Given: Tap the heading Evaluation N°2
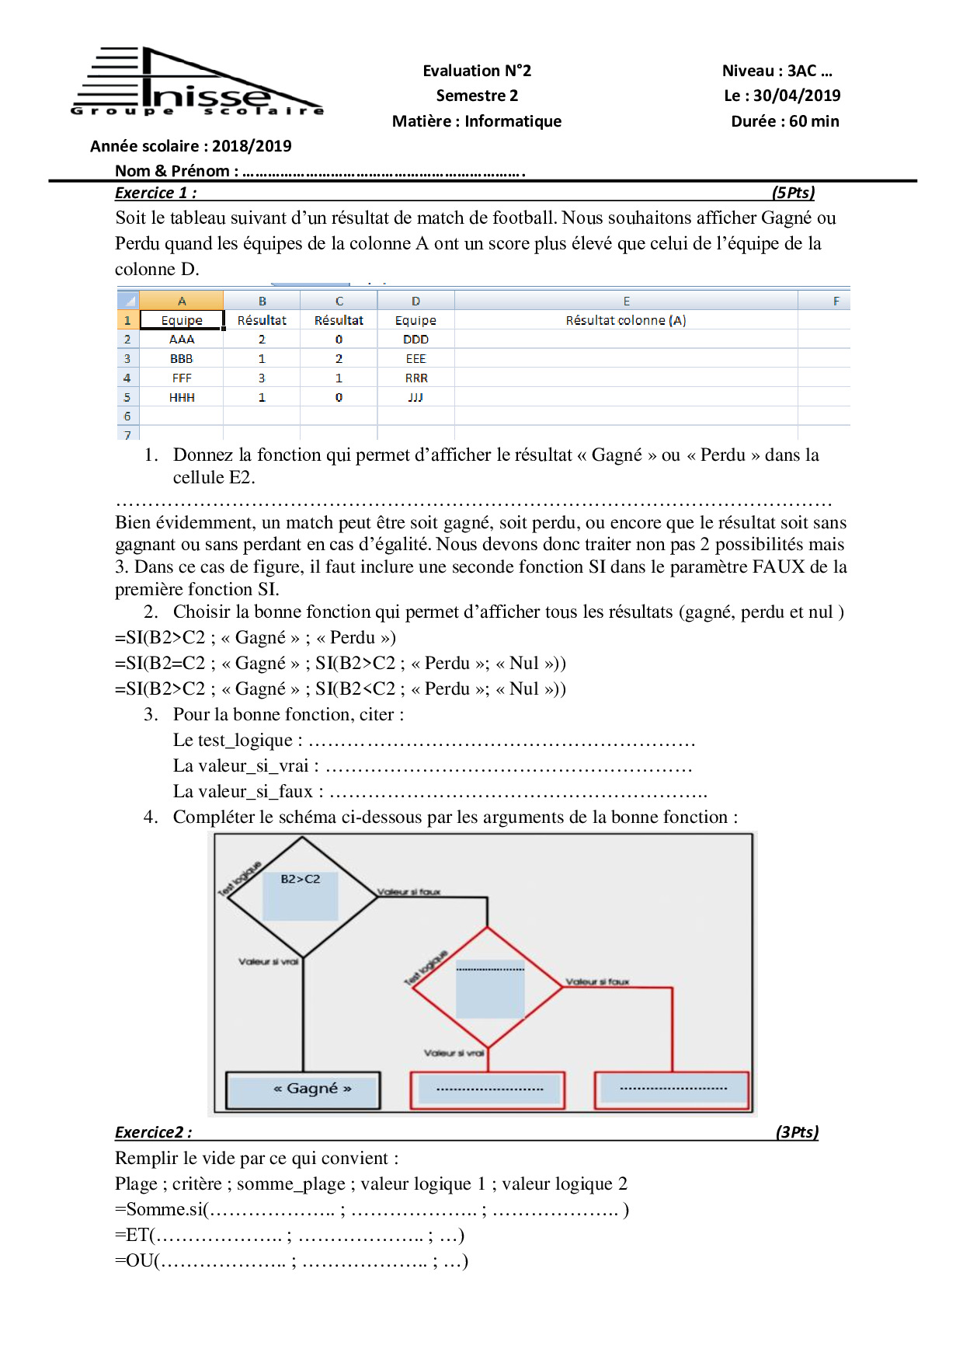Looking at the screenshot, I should (477, 71).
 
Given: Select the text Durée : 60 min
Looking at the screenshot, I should (784, 121).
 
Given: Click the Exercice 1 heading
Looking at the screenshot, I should (155, 193).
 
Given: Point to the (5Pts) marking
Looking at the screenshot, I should (793, 193).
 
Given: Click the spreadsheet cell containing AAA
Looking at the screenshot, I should (182, 340).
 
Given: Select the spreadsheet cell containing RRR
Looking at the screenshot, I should (415, 378).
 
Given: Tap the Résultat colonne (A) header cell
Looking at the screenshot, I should (625, 320).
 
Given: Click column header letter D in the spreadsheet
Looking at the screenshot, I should (415, 301).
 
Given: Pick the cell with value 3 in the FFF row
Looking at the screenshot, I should (262, 378).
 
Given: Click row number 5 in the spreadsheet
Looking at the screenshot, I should (127, 397).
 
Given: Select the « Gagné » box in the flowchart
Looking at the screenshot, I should (303, 1089).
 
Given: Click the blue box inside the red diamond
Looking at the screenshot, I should (490, 988).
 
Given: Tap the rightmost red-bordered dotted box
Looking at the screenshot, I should (672, 1089).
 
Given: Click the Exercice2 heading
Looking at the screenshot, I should (153, 1132).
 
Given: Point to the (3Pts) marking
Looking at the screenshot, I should (797, 1132).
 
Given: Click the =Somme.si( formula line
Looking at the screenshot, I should (371, 1210).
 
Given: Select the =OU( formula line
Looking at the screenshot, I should (291, 1260).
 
